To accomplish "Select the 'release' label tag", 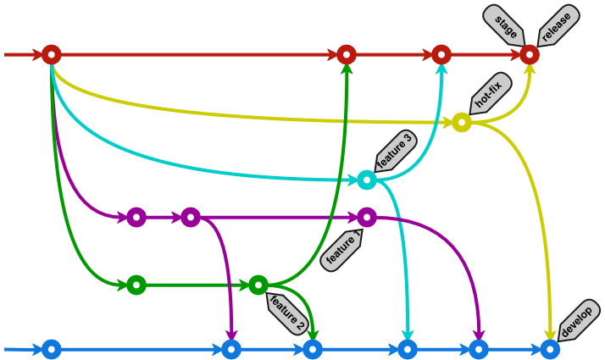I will click(x=557, y=24).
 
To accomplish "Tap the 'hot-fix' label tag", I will click(x=489, y=94).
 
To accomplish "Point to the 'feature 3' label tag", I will click(x=395, y=152).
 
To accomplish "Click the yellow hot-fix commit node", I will click(x=461, y=123).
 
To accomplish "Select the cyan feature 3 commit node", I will click(x=366, y=180).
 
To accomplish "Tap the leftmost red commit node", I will click(x=52, y=55).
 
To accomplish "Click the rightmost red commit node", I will click(x=530, y=55).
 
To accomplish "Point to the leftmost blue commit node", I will click(x=52, y=349).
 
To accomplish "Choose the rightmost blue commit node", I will click(x=550, y=349).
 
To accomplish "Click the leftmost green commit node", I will click(x=136, y=285).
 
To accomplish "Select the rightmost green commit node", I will click(x=258, y=285).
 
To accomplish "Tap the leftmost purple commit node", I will click(x=136, y=217).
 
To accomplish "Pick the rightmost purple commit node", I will click(x=366, y=217).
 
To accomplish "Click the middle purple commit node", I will click(x=191, y=217).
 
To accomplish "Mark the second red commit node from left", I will click(x=346, y=55).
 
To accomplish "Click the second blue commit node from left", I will click(x=231, y=349).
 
